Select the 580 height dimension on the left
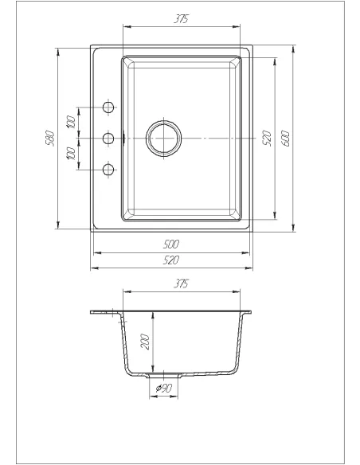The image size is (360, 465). point(49,137)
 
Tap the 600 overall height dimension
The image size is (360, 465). point(284,137)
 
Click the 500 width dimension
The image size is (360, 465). point(171,244)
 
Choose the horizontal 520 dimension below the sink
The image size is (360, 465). point(171,260)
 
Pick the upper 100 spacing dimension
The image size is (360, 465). point(72,122)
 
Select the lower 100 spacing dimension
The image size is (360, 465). point(72,153)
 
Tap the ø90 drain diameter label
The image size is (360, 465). point(166,388)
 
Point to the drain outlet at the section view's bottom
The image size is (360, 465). point(166,373)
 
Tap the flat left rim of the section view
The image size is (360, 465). point(104,313)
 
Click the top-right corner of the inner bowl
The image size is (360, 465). point(240,57)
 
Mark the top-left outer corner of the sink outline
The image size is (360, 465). point(92,45)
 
